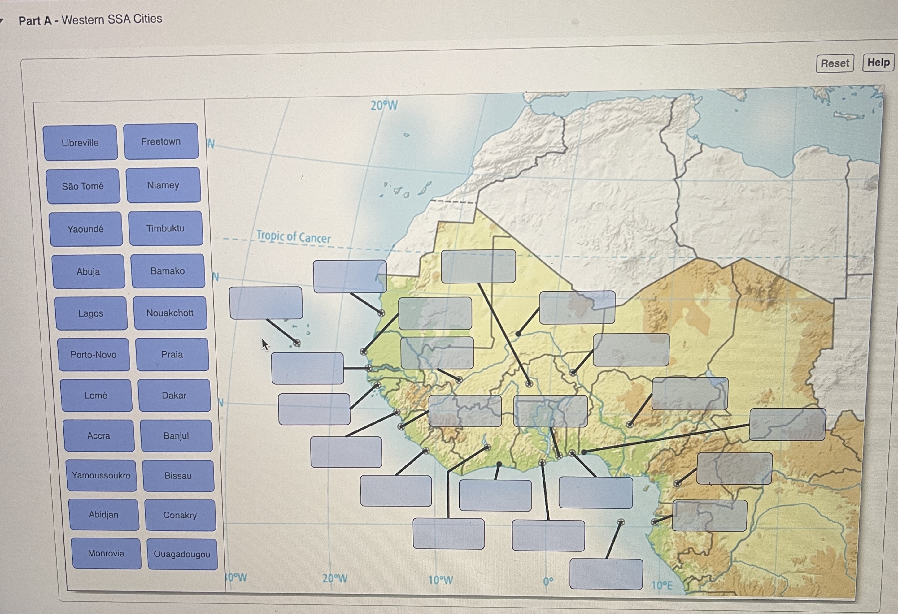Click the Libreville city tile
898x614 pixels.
tap(81, 142)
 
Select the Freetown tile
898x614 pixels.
tap(161, 141)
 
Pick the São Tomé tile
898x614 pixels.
tap(83, 186)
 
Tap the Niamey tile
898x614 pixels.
tap(163, 185)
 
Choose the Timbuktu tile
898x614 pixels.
tap(165, 228)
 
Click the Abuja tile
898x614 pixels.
tap(89, 271)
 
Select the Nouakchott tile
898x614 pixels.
tap(170, 313)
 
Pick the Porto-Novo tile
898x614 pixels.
tap(94, 354)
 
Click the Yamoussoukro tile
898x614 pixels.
tap(101, 475)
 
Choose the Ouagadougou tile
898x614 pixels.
tap(182, 554)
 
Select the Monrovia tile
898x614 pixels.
tap(106, 553)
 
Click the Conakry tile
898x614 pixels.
tap(180, 515)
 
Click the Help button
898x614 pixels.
tap(878, 63)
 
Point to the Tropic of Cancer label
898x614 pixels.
tap(293, 237)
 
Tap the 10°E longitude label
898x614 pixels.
tap(661, 586)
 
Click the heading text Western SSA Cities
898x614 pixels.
tap(112, 19)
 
